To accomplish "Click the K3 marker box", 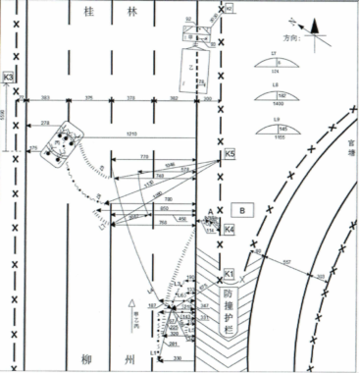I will (x=9, y=77).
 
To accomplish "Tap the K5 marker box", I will (x=230, y=154).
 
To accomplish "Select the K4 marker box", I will (x=229, y=230).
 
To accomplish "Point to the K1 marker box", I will (x=229, y=271).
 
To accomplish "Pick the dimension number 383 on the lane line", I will (x=44, y=98).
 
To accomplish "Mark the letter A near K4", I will (x=210, y=211).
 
